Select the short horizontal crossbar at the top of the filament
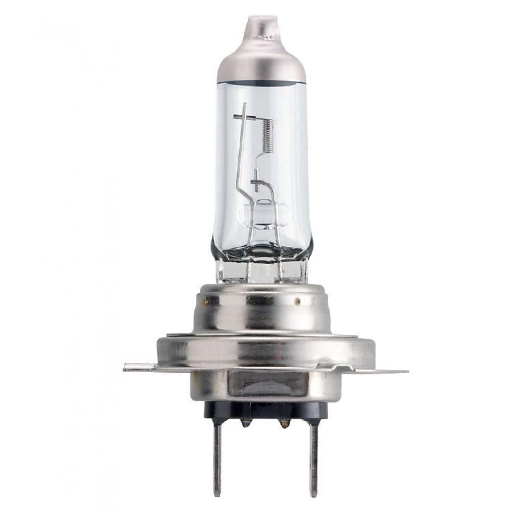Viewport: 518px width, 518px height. coord(248,118)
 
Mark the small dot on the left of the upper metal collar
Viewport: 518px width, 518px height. coord(206,302)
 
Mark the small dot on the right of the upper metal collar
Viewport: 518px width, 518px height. coord(298,302)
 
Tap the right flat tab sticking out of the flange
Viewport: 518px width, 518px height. coord(390,371)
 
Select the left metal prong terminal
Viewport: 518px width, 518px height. coord(217,458)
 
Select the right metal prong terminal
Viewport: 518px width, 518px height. coord(314,458)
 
